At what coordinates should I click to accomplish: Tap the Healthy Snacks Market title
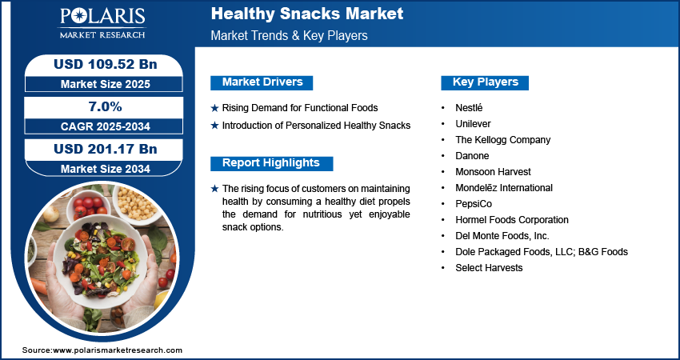point(307,14)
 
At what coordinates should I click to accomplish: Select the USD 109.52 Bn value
point(106,64)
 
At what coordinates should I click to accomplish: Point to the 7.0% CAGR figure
point(106,106)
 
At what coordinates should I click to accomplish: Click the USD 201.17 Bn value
point(106,150)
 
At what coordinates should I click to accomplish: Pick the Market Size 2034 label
point(106,169)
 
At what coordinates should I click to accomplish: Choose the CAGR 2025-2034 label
point(106,126)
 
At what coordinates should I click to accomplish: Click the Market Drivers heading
point(262,82)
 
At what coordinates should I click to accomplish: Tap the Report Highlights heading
point(271,163)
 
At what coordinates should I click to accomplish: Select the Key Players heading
point(486,82)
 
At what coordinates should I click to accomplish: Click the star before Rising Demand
point(214,108)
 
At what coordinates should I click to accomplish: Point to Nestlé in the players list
point(469,107)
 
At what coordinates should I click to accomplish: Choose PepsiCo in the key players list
point(474,204)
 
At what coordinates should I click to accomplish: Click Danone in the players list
point(472,156)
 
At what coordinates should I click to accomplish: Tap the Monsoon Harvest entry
point(493,172)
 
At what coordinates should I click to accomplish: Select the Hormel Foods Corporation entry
point(512,220)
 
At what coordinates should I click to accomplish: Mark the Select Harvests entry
point(489,268)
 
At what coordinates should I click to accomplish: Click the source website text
point(102,350)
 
